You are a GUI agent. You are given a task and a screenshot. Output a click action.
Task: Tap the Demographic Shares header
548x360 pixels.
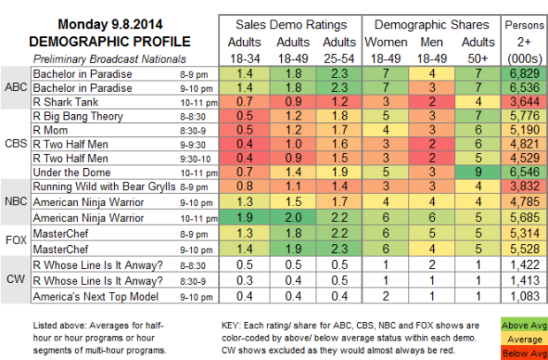(423, 27)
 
